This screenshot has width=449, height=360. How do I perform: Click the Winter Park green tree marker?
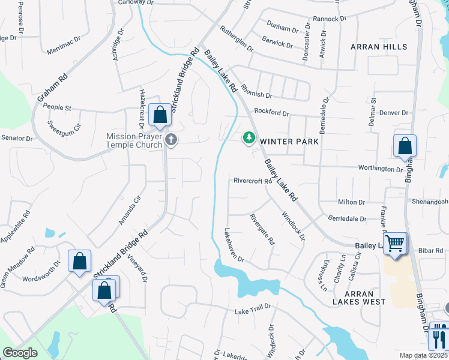249,139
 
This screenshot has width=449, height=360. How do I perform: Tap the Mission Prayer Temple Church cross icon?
171,140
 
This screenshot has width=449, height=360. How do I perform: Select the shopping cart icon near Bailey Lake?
395,244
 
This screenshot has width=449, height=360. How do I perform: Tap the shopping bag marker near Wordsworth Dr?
79,261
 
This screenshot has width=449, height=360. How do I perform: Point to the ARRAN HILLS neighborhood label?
378,47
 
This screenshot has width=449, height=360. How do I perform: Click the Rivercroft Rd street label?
253,181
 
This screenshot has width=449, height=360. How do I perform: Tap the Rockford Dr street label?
271,112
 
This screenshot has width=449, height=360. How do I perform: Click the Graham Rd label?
53,88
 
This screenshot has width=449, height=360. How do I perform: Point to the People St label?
57,108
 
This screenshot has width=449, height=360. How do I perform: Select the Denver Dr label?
393,113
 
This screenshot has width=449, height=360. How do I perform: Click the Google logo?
20,353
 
